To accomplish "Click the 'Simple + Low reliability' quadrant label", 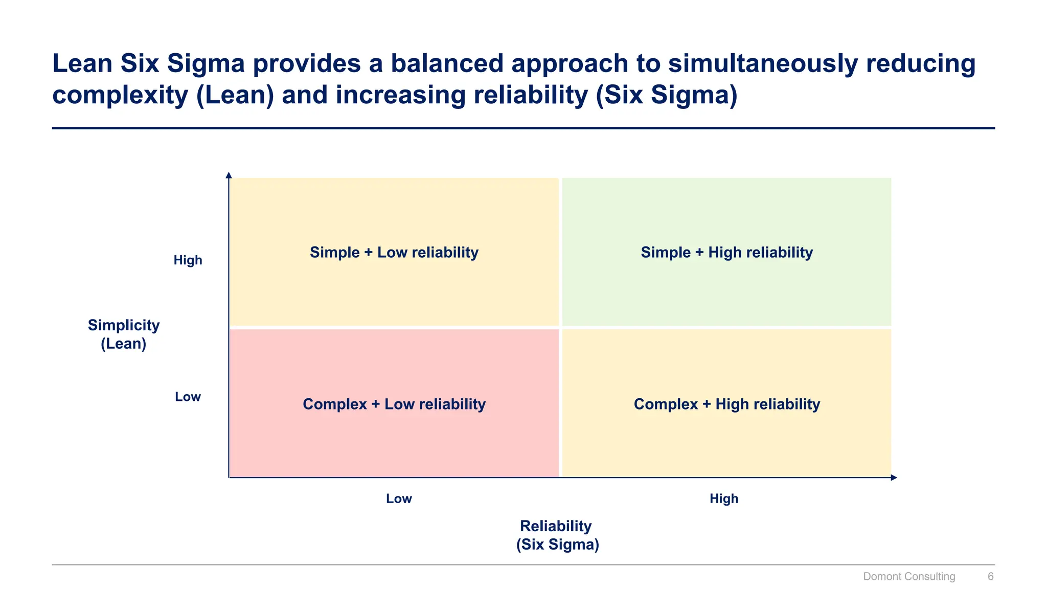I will [394, 253].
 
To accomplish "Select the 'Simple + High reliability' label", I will [726, 253].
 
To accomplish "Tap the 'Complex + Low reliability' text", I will [394, 404].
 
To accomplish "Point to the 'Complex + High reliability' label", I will [726, 404].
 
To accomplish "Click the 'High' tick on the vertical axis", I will [188, 260].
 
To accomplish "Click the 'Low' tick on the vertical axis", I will [188, 397].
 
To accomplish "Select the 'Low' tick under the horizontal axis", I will [399, 499].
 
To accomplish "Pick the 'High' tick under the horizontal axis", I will [723, 499].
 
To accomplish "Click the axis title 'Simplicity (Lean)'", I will [124, 334].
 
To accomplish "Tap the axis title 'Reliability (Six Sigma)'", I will [557, 535].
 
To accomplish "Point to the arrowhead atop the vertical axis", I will [229, 175].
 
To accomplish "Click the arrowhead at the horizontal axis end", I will [894, 478].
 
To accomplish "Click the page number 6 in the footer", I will [990, 577].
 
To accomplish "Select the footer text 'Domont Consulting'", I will [908, 577].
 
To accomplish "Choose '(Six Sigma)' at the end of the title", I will [667, 95].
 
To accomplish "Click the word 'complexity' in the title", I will [120, 95].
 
